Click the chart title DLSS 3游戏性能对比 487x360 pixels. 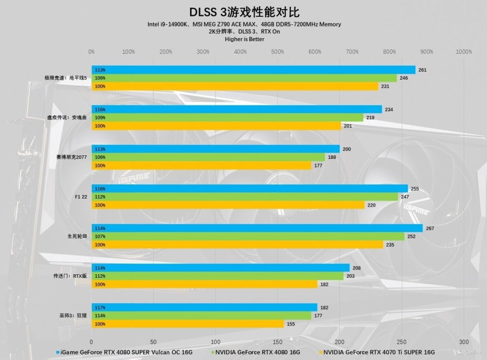point(244,12)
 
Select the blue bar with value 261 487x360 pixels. point(253,70)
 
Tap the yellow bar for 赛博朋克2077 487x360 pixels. point(201,166)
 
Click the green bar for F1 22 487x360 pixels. point(245,197)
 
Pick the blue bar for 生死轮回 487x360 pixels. point(257,228)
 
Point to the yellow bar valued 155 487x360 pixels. point(187,324)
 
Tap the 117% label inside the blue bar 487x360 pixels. point(100,308)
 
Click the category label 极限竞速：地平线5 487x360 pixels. point(65,78)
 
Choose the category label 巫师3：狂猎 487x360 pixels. point(73,316)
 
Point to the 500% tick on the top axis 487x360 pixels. point(277,52)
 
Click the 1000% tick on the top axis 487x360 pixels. point(463,52)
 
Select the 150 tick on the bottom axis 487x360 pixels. point(277,342)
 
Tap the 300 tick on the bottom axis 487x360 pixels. point(464,342)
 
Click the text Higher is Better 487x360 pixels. point(244,39)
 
